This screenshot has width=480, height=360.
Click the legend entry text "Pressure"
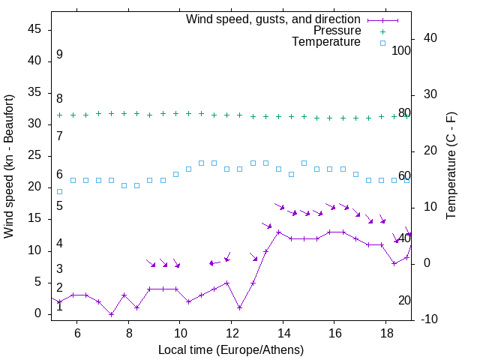point(337,31)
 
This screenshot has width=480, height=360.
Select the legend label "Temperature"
point(326,42)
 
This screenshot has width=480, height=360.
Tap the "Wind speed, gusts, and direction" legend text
point(274,19)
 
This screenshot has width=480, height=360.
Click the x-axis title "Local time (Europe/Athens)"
point(231,350)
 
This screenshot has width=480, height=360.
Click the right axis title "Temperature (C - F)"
point(451,166)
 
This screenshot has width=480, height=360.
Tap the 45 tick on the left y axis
point(35,29)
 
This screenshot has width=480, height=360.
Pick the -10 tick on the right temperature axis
point(430,319)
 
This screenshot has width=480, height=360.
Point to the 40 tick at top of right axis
point(430,38)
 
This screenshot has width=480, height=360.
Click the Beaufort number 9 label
point(59,55)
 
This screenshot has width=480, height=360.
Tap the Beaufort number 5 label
point(59,205)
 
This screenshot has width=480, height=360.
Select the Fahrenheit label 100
point(402,51)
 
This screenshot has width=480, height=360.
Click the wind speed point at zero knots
point(111,314)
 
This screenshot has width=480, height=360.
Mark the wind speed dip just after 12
point(239,307)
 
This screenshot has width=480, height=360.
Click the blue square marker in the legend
point(382,43)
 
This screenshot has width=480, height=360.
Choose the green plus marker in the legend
point(382,31)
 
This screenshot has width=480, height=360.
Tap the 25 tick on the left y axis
point(35,155)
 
